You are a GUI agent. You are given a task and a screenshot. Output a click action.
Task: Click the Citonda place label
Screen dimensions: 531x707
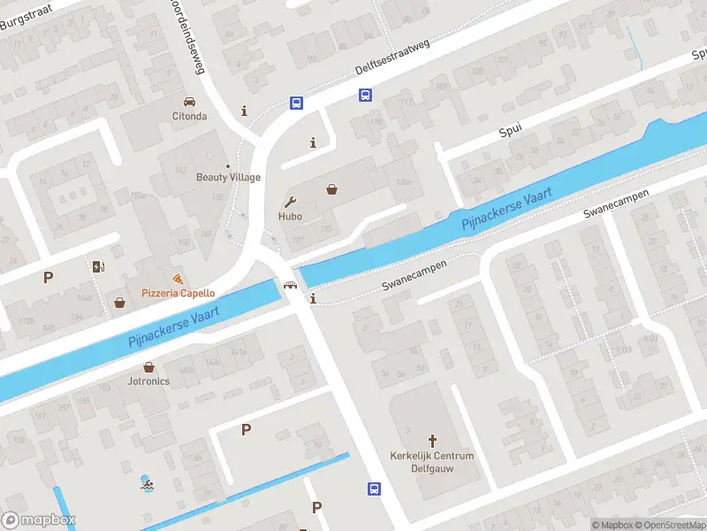pos(189,116)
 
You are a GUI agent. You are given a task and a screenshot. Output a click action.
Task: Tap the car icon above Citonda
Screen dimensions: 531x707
pos(189,102)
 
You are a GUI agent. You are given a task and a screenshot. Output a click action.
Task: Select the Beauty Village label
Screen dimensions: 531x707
pos(228,177)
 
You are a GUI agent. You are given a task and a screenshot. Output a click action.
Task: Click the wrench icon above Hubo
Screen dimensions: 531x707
pos(290,201)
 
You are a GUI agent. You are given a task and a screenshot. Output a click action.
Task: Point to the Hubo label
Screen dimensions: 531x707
pos(290,216)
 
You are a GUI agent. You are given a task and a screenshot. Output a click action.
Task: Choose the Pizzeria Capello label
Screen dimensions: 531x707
pos(179,293)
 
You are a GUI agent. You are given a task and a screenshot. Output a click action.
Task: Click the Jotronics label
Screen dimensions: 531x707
pos(148,381)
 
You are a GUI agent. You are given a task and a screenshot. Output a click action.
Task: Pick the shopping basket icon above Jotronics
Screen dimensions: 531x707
pos(148,366)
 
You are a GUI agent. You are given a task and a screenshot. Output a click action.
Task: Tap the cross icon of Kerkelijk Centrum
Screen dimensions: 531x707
pos(433,440)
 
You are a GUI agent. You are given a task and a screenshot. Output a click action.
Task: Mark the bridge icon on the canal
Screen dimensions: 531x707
pos(289,285)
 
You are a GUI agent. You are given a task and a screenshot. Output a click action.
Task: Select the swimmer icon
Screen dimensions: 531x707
pos(146,483)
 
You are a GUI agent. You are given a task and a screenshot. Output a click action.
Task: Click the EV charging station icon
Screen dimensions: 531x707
pos(97,265)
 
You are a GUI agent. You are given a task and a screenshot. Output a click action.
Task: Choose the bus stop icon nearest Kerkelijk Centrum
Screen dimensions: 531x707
pos(374,489)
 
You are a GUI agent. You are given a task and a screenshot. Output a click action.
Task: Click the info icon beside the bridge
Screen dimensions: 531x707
pos(313,299)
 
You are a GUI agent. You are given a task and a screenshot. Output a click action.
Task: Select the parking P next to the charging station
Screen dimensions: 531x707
pos(48,277)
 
